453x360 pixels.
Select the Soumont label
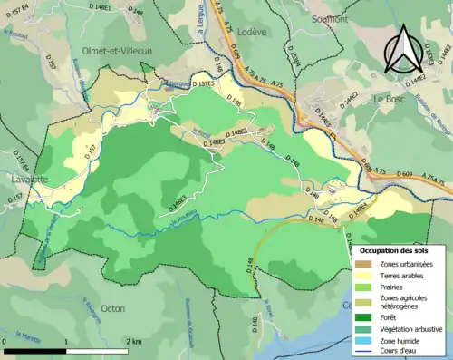[329, 18]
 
